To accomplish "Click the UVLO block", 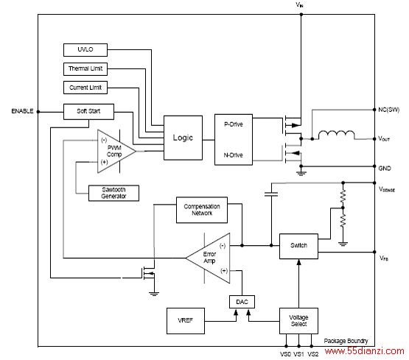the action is click(x=85, y=50).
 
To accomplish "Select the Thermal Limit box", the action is click(x=85, y=69).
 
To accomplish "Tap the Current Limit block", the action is click(x=85, y=88).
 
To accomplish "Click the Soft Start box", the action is click(x=88, y=111).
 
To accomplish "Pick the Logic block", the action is click(x=183, y=138).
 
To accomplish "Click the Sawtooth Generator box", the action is click(x=113, y=193).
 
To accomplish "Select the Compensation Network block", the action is click(x=202, y=210).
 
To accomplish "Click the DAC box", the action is click(x=242, y=302).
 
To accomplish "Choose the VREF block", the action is click(x=186, y=321).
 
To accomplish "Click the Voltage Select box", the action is click(x=298, y=321).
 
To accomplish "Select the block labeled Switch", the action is click(x=298, y=246).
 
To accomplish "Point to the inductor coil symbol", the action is click(x=337, y=135).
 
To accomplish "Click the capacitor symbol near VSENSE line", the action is click(x=271, y=194).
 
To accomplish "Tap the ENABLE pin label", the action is click(x=22, y=111).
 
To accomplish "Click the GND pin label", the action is click(x=385, y=169).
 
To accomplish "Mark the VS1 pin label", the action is click(x=299, y=354).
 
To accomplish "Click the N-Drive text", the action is click(x=233, y=155).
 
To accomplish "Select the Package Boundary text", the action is click(x=346, y=341).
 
